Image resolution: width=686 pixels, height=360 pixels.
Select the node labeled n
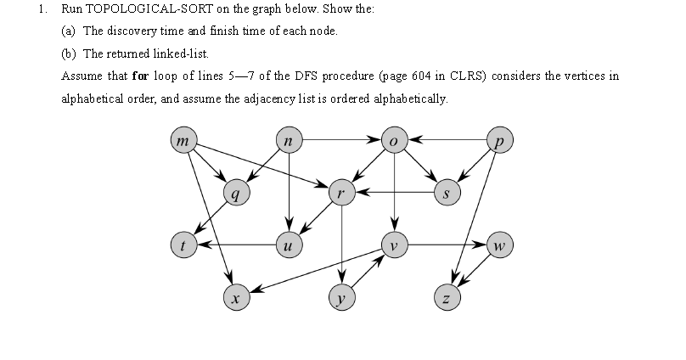click(x=290, y=138)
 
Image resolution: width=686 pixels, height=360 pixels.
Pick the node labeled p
click(x=500, y=138)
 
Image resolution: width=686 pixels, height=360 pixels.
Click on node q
click(x=235, y=194)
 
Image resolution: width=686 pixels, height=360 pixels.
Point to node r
click(x=340, y=194)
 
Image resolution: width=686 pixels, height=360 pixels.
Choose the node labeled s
click(x=447, y=194)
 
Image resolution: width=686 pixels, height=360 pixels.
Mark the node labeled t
click(x=183, y=245)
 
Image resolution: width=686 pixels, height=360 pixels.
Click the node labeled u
click(x=290, y=245)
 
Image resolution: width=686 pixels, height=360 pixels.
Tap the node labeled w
click(x=500, y=245)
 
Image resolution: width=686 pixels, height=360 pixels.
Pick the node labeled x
click(x=235, y=297)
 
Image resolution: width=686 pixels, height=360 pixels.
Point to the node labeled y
click(x=340, y=297)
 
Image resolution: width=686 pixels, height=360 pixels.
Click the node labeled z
click(x=447, y=297)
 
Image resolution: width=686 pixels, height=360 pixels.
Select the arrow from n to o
click(x=340, y=138)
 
